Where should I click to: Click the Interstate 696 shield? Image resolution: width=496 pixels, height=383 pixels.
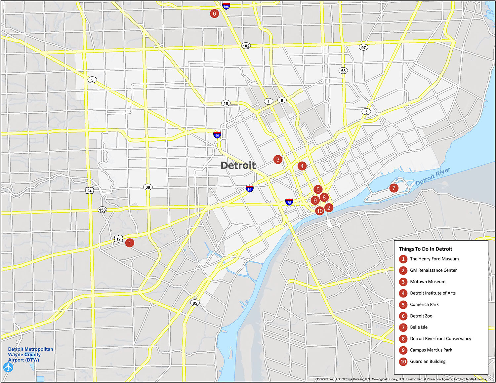click(226, 6)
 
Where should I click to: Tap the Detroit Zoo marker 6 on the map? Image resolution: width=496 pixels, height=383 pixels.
click(214, 14)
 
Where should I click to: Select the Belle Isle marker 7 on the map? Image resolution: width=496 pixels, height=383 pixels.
click(393, 188)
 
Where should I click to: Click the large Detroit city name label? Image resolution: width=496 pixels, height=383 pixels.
click(238, 165)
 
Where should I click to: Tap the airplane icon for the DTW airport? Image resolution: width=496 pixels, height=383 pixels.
click(8, 367)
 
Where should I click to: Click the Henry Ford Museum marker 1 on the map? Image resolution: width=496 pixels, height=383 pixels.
click(130, 243)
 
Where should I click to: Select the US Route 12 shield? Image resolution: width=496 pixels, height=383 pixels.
click(118, 239)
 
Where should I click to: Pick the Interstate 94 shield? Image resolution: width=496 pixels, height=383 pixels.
click(250, 189)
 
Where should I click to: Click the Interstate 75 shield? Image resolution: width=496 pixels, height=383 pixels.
click(289, 202)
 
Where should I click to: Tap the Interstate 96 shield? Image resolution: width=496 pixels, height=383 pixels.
click(217, 134)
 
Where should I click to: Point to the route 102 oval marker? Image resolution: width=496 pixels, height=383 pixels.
click(246, 46)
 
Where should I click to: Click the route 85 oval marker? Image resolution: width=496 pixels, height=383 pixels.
click(195, 303)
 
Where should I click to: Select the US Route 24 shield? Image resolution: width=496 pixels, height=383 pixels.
click(89, 191)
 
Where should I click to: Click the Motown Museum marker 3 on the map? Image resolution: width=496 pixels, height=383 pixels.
click(278, 160)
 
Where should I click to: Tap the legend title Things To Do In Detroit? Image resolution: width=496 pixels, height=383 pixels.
click(425, 249)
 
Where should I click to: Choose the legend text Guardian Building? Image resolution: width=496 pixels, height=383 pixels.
click(428, 362)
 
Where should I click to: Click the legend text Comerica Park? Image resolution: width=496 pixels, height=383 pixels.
click(424, 305)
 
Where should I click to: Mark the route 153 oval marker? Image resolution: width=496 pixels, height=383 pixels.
click(103, 210)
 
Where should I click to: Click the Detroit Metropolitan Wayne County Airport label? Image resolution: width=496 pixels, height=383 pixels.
click(30, 355)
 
